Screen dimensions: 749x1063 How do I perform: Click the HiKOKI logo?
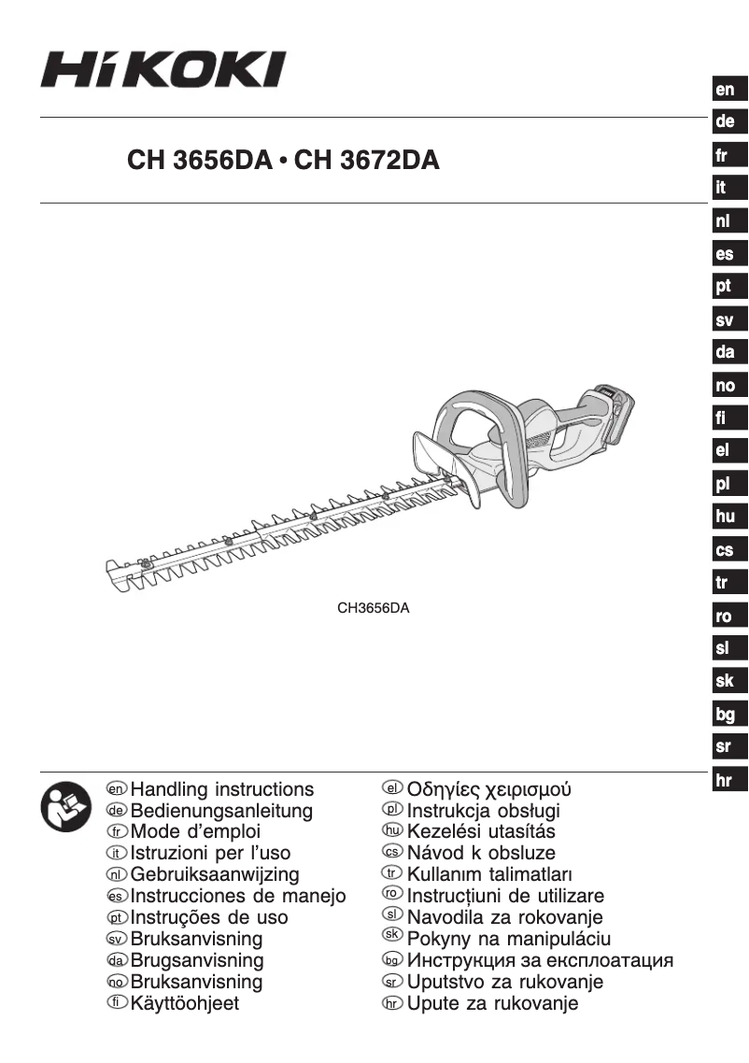(x=163, y=68)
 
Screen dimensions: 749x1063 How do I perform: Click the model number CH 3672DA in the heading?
(x=366, y=161)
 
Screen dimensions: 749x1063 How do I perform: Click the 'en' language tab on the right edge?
(x=725, y=91)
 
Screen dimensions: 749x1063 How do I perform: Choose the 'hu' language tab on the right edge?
(x=725, y=517)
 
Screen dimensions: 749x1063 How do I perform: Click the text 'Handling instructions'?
(x=222, y=790)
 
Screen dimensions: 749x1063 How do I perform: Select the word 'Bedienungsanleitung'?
(x=221, y=812)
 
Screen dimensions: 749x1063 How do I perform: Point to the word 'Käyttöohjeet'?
(x=185, y=1004)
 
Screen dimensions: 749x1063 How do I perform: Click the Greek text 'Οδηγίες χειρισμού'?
(x=489, y=790)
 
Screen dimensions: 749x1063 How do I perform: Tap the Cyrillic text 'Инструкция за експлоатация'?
(x=541, y=960)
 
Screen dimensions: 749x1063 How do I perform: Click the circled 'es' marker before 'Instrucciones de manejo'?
(x=116, y=897)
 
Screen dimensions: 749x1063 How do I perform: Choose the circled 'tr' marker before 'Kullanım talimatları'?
(x=392, y=874)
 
